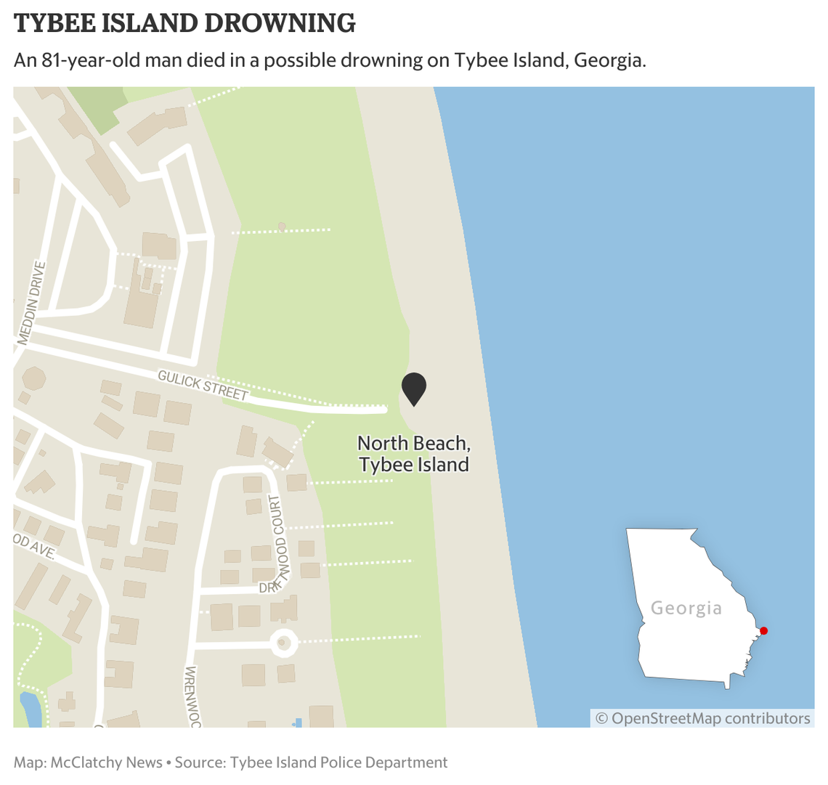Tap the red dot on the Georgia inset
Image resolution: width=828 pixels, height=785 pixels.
pos(763,630)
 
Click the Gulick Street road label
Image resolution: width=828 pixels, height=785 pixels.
pos(203,384)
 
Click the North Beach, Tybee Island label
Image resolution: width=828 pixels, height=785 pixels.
pos(414,454)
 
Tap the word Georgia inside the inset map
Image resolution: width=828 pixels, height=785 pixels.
pos(686,608)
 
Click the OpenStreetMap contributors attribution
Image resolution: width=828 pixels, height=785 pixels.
pos(702,718)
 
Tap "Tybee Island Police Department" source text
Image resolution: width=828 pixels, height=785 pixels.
pos(339,762)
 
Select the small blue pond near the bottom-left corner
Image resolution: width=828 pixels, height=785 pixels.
pos(31,709)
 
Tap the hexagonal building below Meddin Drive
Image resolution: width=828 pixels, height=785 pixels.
pos(33,378)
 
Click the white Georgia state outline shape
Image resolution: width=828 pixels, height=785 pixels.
pos(683,639)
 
